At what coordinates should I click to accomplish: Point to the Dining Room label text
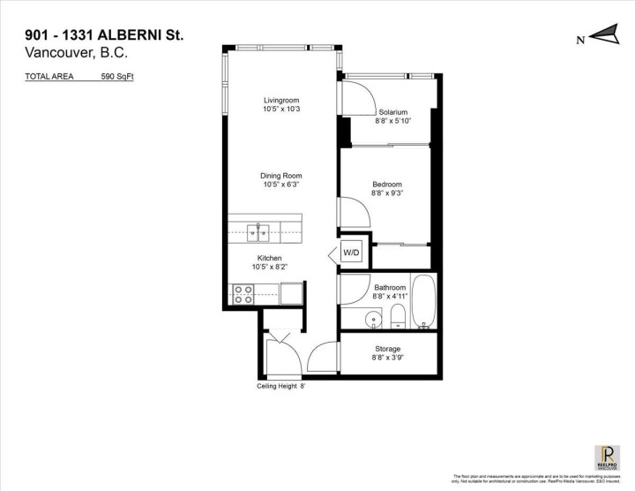click(281, 176)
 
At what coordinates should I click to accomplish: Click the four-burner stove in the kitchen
click(242, 294)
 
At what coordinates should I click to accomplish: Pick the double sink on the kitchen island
click(258, 232)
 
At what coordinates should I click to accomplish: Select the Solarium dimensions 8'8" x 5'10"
click(392, 121)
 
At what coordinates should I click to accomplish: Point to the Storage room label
click(387, 349)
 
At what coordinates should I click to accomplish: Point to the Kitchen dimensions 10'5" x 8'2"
click(269, 268)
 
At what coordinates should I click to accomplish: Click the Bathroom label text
click(389, 287)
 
